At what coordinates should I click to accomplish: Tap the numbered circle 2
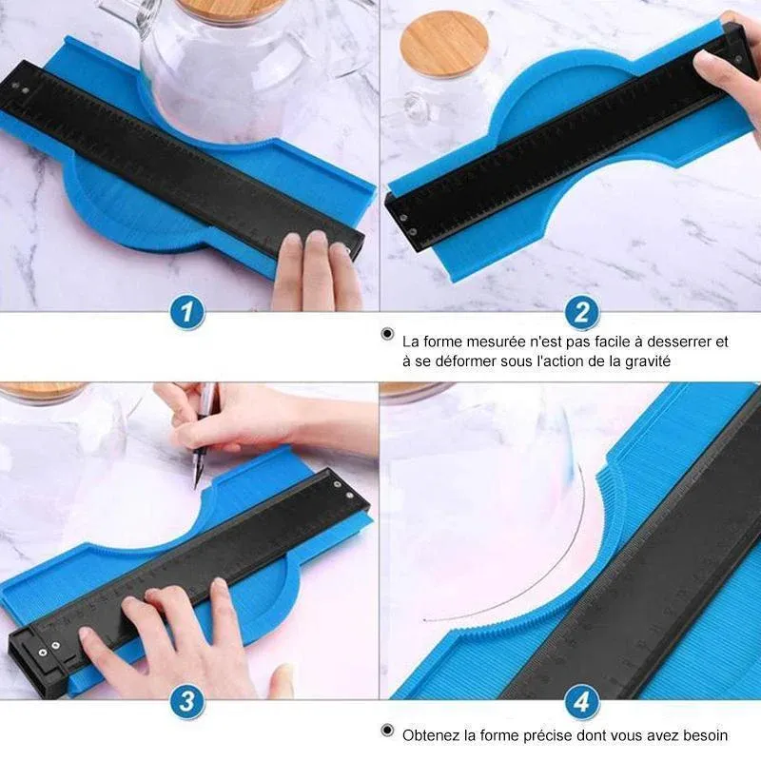coord(581,312)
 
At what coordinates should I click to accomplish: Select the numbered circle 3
coord(187,701)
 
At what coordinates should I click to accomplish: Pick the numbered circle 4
coord(581,701)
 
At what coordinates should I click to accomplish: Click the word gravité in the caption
coord(648,361)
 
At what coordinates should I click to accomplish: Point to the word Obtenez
coord(431,735)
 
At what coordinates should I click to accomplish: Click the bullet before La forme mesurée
coord(387,334)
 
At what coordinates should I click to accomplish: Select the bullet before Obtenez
coord(387,730)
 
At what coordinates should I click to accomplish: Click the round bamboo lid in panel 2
coord(444,44)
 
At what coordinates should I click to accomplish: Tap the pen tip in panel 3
coord(196,486)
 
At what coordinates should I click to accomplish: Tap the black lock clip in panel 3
coord(41,656)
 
